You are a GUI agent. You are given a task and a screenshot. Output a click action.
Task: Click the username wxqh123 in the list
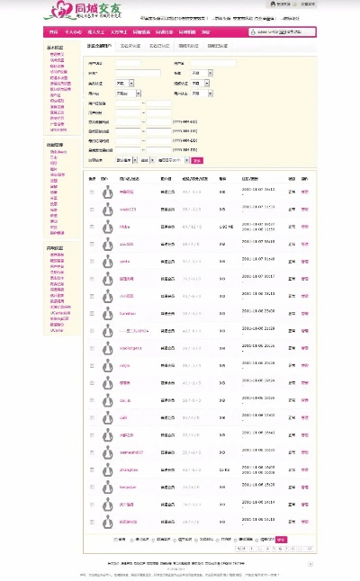click(128, 209)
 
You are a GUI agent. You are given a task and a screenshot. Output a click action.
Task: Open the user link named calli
click(124, 417)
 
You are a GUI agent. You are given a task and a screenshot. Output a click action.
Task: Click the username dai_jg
click(126, 399)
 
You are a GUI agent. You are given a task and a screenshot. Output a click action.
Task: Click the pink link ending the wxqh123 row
click(304, 209)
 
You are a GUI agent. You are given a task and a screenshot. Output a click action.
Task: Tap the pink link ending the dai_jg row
click(304, 399)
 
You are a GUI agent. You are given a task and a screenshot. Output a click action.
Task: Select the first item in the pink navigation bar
click(52, 31)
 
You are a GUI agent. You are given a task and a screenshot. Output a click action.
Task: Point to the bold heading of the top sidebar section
click(55, 48)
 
